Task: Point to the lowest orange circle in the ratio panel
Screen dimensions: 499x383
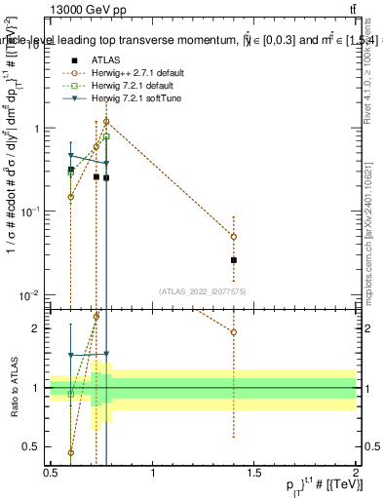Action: (x=70, y=452)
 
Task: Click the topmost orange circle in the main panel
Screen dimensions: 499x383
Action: (x=106, y=122)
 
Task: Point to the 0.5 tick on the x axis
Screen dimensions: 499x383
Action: (x=51, y=469)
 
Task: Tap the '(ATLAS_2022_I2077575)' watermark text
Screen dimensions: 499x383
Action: (x=203, y=291)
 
